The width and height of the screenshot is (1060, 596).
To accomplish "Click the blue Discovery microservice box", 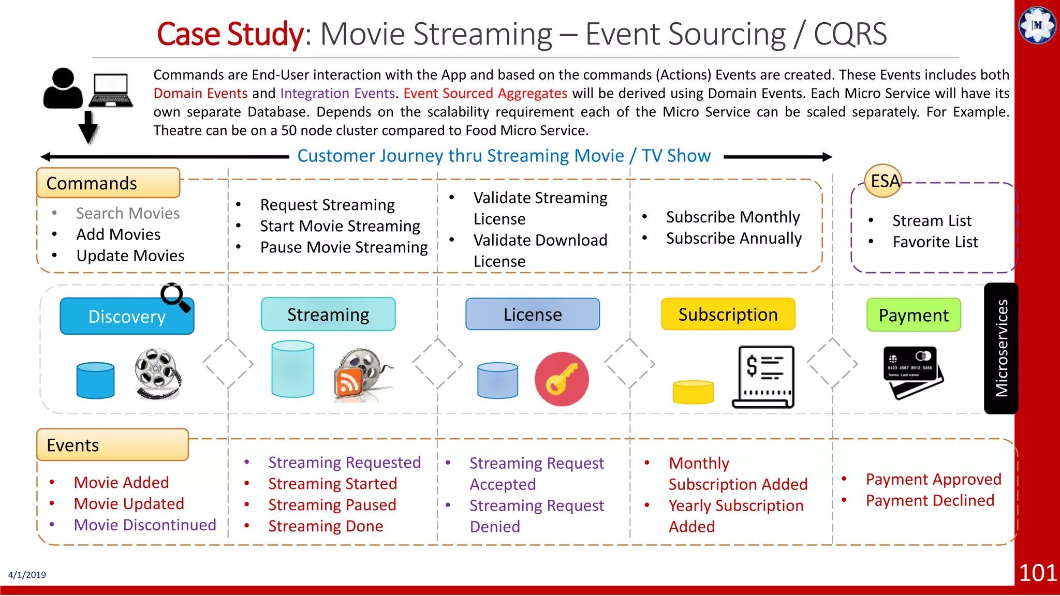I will tap(127, 316).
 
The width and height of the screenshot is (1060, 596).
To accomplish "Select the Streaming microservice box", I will tap(328, 315).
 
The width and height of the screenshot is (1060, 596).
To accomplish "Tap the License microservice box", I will tap(533, 315).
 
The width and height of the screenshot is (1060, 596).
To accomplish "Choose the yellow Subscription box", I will tap(728, 315).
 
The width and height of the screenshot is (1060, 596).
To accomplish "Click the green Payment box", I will tap(914, 315).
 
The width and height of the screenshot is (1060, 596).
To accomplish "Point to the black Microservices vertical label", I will tap(1001, 348).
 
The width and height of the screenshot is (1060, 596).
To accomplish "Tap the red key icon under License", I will tap(562, 379).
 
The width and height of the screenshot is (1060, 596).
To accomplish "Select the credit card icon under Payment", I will tap(912, 372).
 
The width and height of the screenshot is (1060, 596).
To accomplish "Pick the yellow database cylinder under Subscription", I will tap(693, 392).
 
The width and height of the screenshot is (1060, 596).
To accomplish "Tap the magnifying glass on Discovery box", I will tap(174, 297).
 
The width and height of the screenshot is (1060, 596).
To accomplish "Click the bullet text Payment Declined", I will tap(930, 500).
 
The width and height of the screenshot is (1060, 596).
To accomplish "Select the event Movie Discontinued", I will tap(145, 525).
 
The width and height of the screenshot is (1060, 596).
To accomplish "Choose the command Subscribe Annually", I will tap(733, 238).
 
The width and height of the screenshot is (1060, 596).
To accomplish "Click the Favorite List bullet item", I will tap(935, 242).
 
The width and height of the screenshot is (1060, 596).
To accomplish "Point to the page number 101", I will tap(1037, 573).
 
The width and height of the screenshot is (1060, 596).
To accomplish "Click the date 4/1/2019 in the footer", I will tap(27, 575).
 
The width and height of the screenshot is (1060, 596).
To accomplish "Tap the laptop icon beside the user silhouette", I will tap(110, 90).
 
